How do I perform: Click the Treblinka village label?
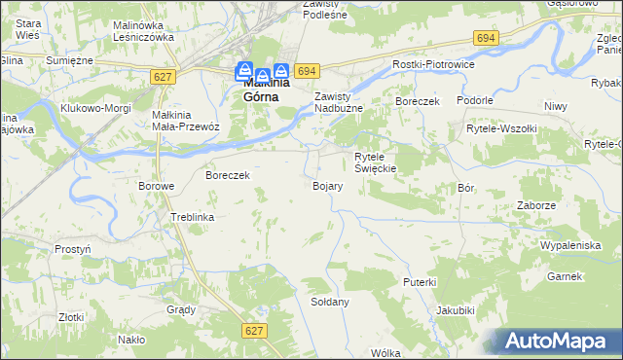click(x=192, y=217)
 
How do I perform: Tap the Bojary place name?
click(x=326, y=185)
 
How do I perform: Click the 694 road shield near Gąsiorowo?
click(x=487, y=37)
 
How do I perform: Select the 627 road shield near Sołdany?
click(x=254, y=331)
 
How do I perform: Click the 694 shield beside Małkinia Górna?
click(x=308, y=71)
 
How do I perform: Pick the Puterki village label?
click(x=420, y=281)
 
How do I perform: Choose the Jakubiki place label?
click(x=456, y=310)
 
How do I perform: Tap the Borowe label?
click(x=156, y=186)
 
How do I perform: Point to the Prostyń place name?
click(x=73, y=249)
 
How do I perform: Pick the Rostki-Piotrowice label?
click(x=431, y=63)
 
